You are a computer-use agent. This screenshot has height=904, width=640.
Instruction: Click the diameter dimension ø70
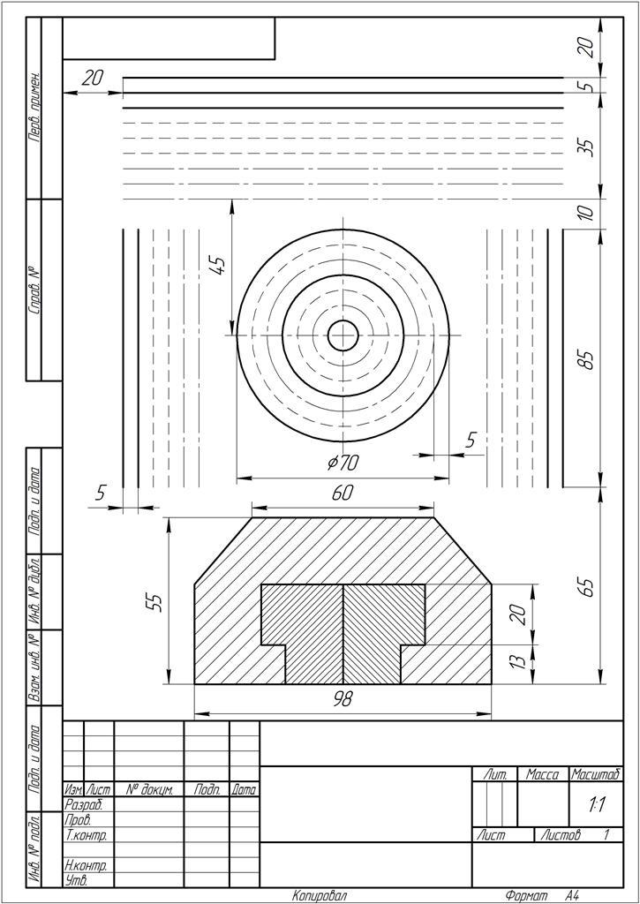pos(343,462)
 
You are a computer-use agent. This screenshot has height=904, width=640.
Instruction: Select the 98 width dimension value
pos(343,698)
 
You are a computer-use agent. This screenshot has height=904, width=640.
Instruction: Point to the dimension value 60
pos(343,493)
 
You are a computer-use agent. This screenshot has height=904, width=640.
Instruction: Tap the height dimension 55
pos(154,601)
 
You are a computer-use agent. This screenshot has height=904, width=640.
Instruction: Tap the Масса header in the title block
pos(543,774)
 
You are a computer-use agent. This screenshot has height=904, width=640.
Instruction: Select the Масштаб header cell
pos(597,774)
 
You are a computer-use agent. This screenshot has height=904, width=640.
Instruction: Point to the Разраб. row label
pos(86,804)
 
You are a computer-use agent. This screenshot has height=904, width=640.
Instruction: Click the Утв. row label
pos(78,880)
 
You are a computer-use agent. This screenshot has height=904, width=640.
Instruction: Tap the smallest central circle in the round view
pos(343,335)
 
